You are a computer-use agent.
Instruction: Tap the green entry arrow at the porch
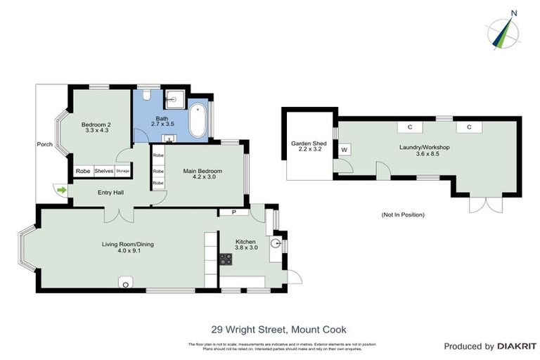tap(61, 189)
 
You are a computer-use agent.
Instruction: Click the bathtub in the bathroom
tap(198, 122)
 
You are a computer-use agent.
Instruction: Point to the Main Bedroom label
tap(202, 171)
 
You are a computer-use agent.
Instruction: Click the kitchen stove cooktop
tap(226, 260)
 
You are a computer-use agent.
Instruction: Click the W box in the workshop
tap(344, 150)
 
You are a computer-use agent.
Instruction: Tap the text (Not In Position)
tap(403, 214)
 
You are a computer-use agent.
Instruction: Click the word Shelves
tap(103, 170)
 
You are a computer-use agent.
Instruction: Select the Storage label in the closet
tap(123, 170)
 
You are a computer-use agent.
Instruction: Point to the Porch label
tap(45, 145)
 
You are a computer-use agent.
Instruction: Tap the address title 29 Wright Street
tap(278, 329)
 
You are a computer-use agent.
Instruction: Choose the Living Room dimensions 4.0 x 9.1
tap(127, 252)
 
